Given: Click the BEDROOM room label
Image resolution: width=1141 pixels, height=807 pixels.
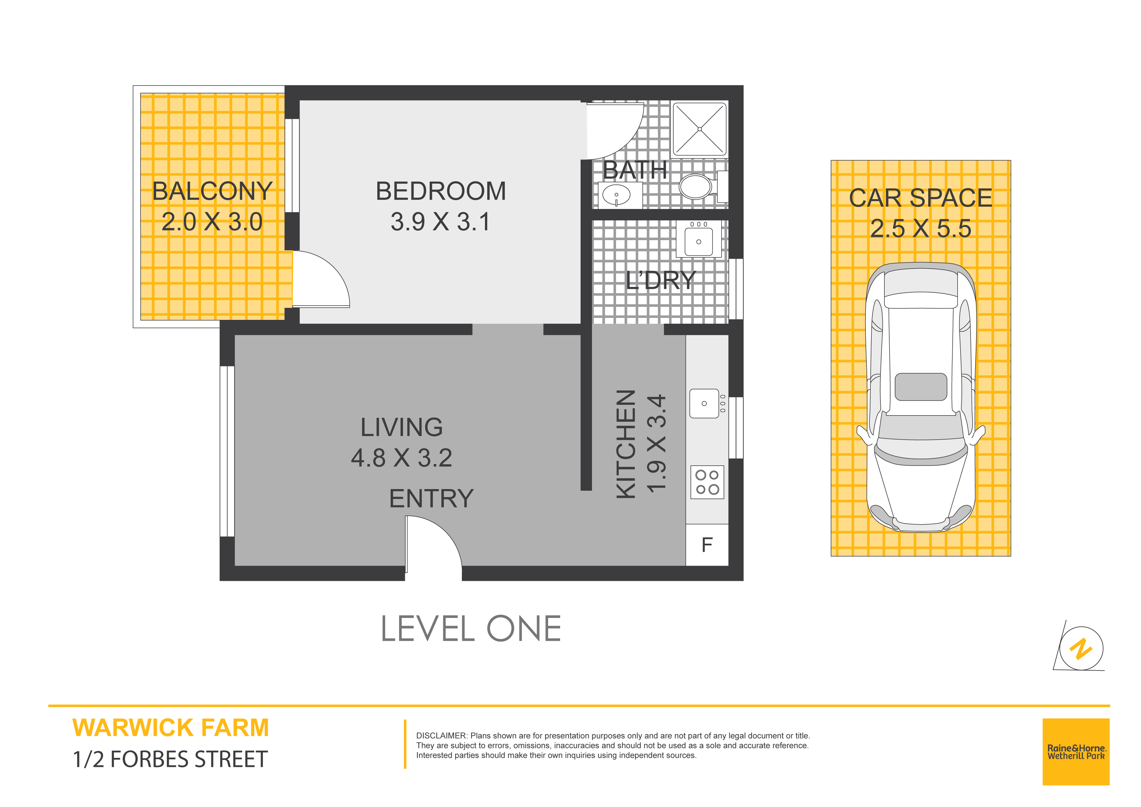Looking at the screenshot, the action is tap(441, 191).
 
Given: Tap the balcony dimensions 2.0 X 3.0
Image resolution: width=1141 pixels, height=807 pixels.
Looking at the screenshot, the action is tap(212, 222).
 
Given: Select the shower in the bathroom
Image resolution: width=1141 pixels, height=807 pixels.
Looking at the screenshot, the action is tap(699, 129).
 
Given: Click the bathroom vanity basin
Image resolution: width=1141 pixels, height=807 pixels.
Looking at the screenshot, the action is tap(616, 195).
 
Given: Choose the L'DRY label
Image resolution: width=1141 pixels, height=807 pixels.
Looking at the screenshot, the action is tap(661, 280).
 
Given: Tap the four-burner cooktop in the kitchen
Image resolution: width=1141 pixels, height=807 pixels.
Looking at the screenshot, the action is tap(707, 482).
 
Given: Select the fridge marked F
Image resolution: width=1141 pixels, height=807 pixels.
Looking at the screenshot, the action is tap(707, 545).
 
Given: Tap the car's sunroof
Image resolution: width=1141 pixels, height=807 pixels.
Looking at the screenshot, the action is tap(920, 387).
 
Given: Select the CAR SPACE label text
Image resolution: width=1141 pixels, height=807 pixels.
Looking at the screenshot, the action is tap(920, 198).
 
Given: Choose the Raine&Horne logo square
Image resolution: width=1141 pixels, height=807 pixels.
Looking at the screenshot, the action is tap(1076, 752).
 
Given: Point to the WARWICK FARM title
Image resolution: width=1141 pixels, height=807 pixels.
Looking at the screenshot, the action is tap(170, 728).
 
